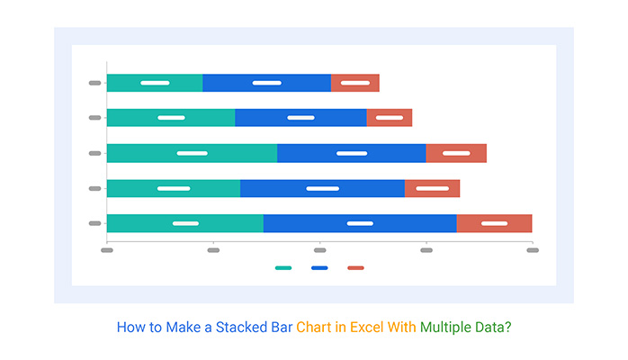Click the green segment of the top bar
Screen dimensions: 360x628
(155, 83)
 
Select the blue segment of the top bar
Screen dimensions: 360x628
(266, 83)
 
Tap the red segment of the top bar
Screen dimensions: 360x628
(354, 83)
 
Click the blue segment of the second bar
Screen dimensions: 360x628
(301, 118)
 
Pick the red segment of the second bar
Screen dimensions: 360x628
(389, 118)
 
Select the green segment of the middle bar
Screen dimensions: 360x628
(192, 153)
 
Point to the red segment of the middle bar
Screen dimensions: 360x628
(456, 153)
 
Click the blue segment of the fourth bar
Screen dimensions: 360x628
(322, 188)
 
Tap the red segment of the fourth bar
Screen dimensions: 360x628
(432, 188)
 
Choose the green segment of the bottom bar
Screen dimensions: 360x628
(184, 223)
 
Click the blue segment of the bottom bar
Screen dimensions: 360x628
(360, 223)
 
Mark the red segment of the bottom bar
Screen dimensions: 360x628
(494, 223)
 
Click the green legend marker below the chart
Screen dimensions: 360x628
(283, 267)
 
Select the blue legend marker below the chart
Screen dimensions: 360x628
(319, 267)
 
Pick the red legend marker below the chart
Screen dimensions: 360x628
(355, 267)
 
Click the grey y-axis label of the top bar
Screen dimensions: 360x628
(94, 83)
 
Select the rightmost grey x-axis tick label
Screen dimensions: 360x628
(532, 250)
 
